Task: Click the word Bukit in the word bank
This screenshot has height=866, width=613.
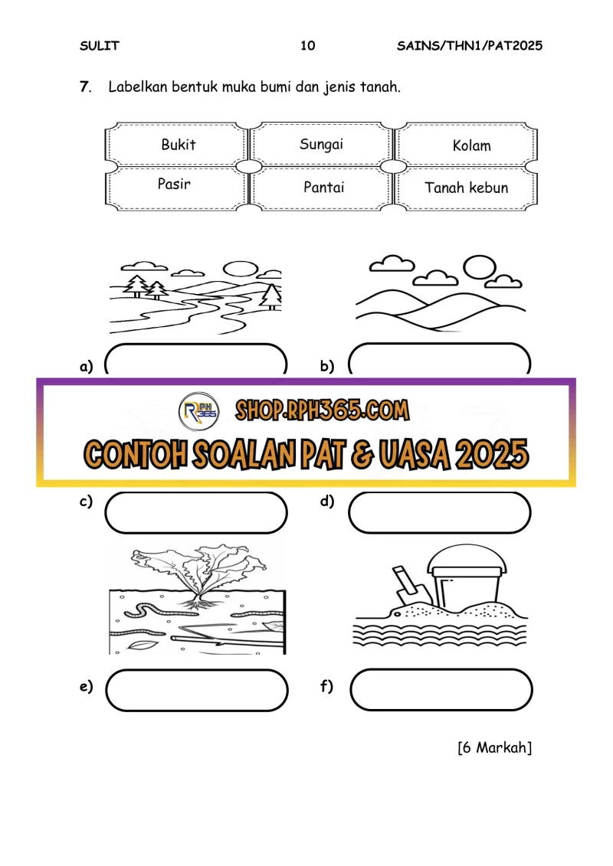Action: pyautogui.click(x=178, y=144)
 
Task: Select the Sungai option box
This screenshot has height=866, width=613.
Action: pyautogui.click(x=321, y=144)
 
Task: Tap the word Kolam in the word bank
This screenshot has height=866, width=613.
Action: pyautogui.click(x=471, y=145)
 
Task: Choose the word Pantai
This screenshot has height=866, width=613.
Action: pyautogui.click(x=323, y=188)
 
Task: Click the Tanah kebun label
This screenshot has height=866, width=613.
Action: pyautogui.click(x=466, y=188)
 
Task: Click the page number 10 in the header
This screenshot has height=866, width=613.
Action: pyautogui.click(x=307, y=45)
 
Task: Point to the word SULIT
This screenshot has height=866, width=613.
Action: pyautogui.click(x=100, y=46)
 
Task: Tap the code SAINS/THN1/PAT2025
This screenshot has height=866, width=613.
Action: pyautogui.click(x=469, y=45)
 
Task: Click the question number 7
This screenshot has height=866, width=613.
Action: pyautogui.click(x=85, y=87)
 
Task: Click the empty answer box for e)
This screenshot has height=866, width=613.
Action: pyautogui.click(x=197, y=690)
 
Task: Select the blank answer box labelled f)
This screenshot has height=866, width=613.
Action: pyautogui.click(x=441, y=689)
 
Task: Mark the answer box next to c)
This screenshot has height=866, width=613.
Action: pyautogui.click(x=196, y=512)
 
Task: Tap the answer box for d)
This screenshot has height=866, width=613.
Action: pyautogui.click(x=439, y=512)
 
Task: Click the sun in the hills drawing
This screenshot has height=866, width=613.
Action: pyautogui.click(x=479, y=267)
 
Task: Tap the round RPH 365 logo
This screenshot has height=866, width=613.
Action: pyautogui.click(x=199, y=411)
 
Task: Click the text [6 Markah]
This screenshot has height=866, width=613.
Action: pyautogui.click(x=495, y=747)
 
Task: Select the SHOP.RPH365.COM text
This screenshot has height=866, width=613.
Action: pyautogui.click(x=323, y=410)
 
